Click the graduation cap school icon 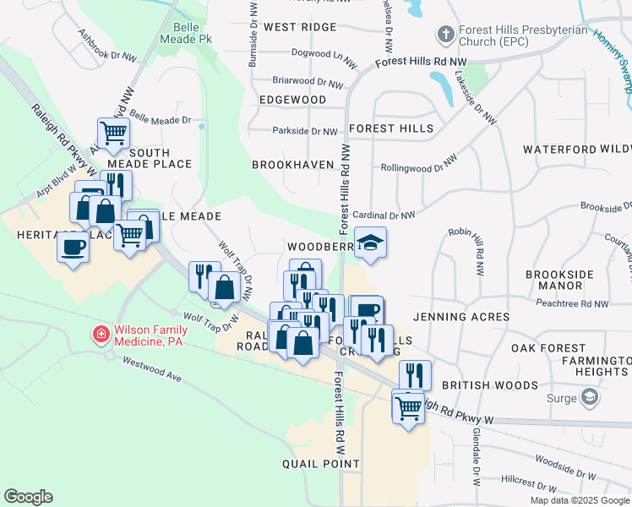pos(370,243)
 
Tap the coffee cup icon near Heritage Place pos(74,248)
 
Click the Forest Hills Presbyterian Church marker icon pos(445,35)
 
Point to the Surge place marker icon pos(590,397)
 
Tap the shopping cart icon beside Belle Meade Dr pos(113,133)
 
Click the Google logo pos(28,496)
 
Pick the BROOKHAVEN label pos(293,164)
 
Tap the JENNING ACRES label pos(461,317)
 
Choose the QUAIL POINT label pos(321,464)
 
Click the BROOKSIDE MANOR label pos(559,281)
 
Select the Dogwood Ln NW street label pos(321,57)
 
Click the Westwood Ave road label pos(152,369)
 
